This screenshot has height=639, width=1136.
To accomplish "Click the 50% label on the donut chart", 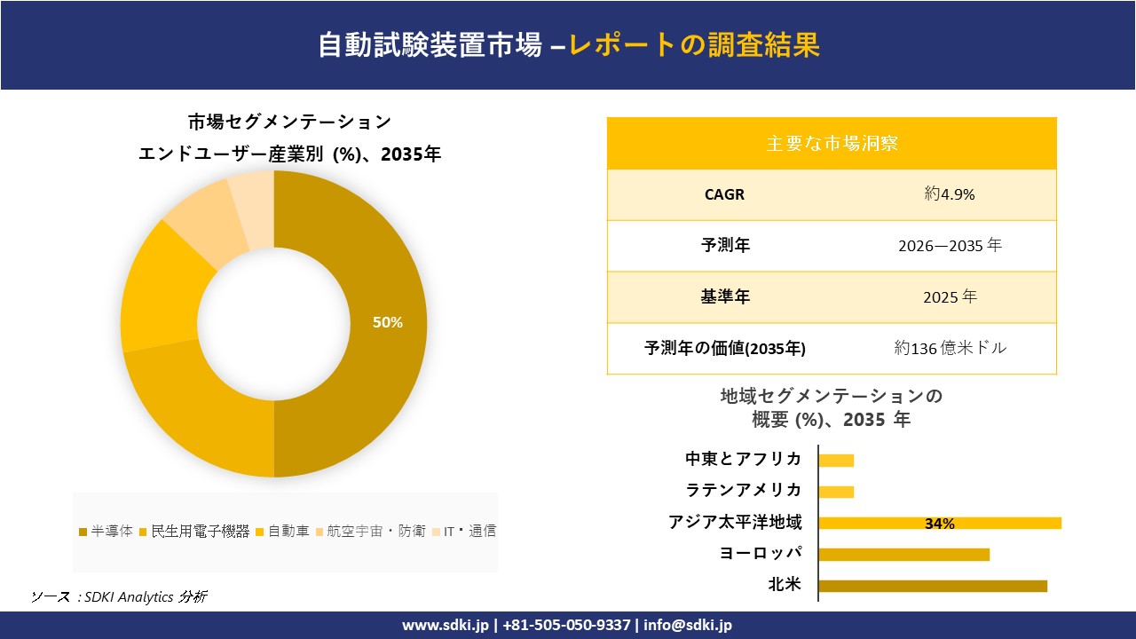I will (x=387, y=323).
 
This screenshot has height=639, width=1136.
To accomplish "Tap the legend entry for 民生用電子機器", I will (x=194, y=532).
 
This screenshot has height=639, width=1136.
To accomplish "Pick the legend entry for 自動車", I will (x=283, y=532).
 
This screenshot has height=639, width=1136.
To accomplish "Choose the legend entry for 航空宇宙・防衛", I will (x=369, y=532).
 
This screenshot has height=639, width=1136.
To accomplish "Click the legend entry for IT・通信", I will (x=463, y=532).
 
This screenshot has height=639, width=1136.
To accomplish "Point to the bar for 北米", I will (x=932, y=586).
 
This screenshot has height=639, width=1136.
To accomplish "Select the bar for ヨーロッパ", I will (x=903, y=555).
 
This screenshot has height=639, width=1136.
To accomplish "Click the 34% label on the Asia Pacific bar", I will (x=939, y=524).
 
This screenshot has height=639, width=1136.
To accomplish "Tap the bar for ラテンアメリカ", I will (x=836, y=492).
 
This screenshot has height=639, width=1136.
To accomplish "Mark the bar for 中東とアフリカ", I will (x=836, y=461).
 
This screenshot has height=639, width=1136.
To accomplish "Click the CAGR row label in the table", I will (x=724, y=194).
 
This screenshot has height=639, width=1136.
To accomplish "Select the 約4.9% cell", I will (x=949, y=194).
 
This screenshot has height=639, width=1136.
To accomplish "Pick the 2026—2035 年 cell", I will (x=949, y=246).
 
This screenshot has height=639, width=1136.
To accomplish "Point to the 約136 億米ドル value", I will (x=950, y=349).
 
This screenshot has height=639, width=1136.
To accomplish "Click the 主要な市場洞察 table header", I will (x=832, y=143).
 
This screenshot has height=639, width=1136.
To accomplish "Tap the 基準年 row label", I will (x=725, y=297).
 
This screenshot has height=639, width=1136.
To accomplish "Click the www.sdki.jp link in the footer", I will (x=446, y=625).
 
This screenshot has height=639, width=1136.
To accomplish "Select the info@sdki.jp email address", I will (x=688, y=625).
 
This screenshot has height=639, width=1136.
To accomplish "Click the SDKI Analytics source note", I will (x=119, y=596).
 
